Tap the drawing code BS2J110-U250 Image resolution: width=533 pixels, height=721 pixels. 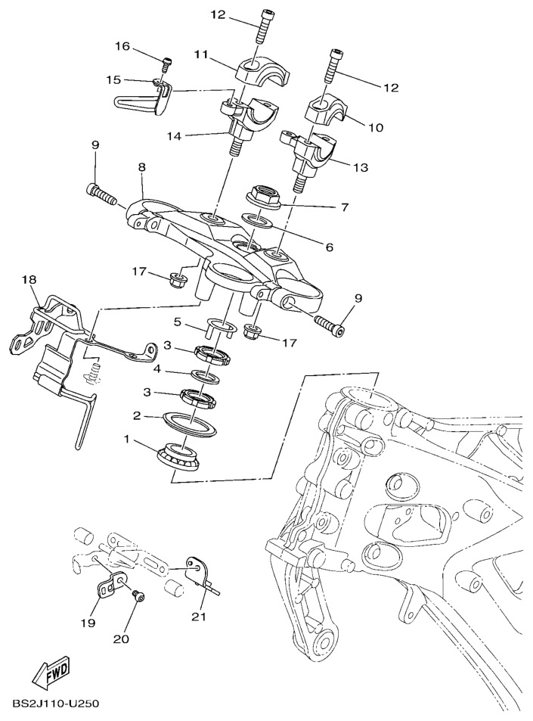pyautogui.click(x=56, y=704)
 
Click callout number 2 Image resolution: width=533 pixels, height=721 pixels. pyautogui.click(x=138, y=415)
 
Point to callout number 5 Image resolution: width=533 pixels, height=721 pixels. pyautogui.click(x=178, y=322)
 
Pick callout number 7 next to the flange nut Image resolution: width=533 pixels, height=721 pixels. pyautogui.click(x=344, y=207)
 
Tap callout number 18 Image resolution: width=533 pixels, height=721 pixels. pyautogui.click(x=29, y=280)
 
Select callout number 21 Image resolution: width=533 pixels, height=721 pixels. pyautogui.click(x=197, y=617)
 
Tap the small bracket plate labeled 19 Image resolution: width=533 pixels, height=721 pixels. pyautogui.click(x=115, y=586)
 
